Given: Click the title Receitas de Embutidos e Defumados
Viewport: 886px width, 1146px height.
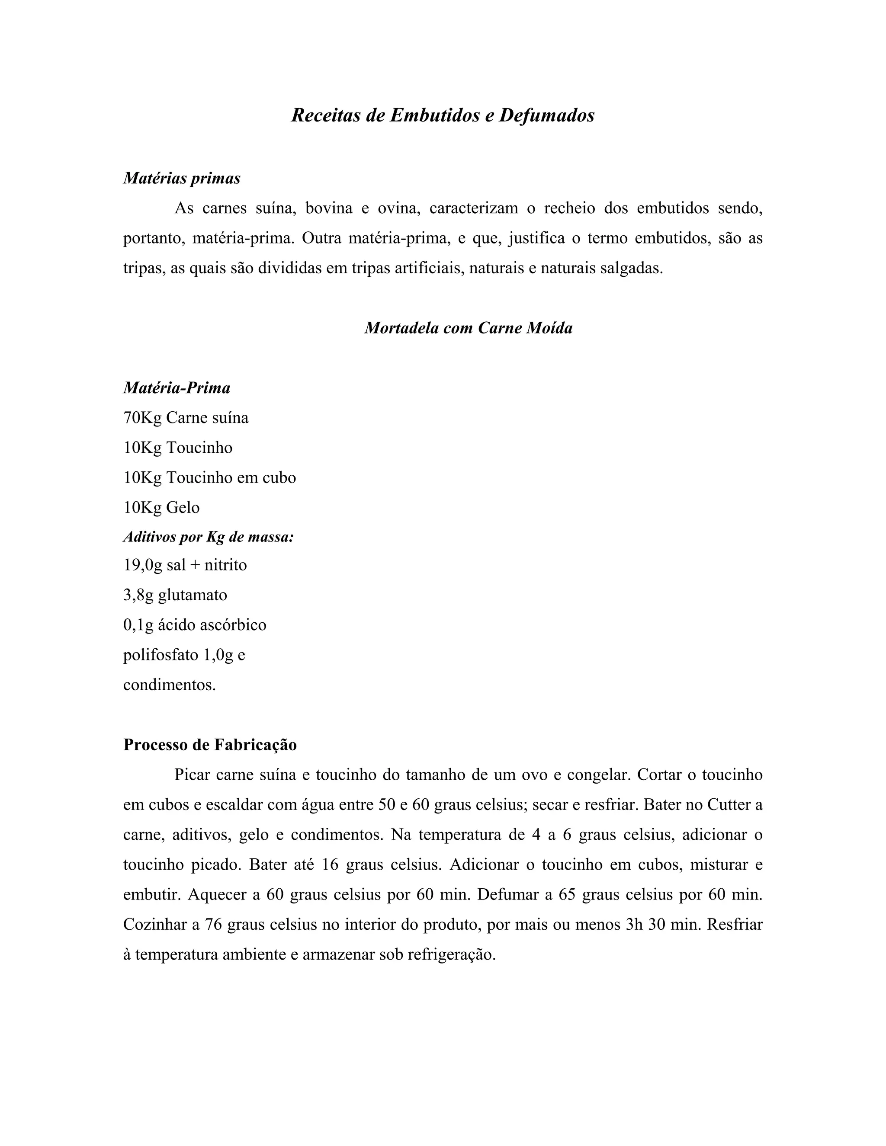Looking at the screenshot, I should click(443, 115).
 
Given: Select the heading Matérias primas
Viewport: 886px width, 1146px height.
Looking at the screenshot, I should click(182, 179).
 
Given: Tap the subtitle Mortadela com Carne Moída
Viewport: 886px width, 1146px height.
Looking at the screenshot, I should click(468, 328).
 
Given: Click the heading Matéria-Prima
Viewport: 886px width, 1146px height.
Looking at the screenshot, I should click(177, 388).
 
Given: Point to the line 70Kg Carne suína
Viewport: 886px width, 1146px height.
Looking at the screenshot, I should click(186, 418).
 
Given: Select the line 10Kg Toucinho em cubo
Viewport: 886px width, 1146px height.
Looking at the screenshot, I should click(209, 477).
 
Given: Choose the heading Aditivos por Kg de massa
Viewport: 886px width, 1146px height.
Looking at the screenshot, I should click(209, 537).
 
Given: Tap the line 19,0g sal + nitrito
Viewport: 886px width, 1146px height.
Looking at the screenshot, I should click(185, 565).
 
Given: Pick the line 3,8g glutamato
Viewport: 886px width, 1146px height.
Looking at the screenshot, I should click(175, 595).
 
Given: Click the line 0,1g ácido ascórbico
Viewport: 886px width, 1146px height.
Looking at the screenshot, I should click(195, 625).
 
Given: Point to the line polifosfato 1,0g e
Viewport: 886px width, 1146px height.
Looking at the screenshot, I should click(184, 655).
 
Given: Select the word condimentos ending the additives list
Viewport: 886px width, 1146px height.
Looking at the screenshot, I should click(169, 685).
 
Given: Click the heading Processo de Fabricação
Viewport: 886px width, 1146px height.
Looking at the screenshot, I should click(210, 745).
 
